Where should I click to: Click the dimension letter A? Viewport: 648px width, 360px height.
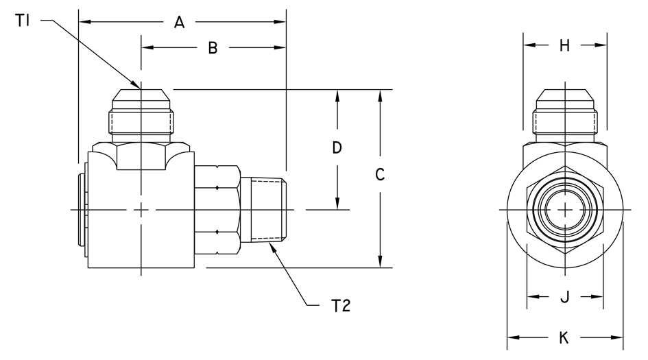pyautogui.click(x=179, y=23)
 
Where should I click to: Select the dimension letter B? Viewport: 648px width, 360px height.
pyautogui.click(x=213, y=48)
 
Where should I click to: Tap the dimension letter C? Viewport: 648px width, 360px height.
pyautogui.click(x=380, y=174)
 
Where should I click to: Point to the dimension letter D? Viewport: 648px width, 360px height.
pyautogui.click(x=337, y=147)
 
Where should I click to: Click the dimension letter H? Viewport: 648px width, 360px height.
pyautogui.click(x=564, y=45)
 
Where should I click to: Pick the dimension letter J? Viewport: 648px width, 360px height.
pyautogui.click(x=565, y=296)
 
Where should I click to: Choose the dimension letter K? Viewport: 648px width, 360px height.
pyautogui.click(x=564, y=337)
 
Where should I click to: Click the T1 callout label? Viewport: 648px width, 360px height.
pyautogui.click(x=23, y=21)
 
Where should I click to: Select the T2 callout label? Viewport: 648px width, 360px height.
pyautogui.click(x=341, y=306)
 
